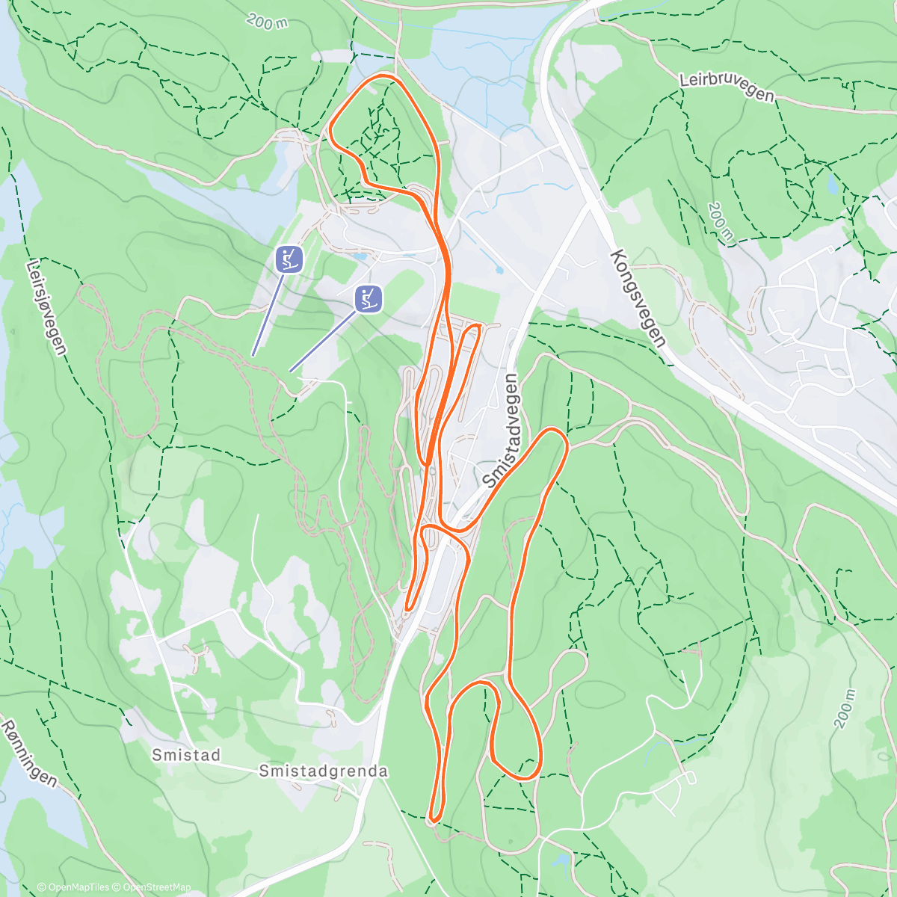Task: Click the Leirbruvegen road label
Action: (726, 88)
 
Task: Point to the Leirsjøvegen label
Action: (46, 306)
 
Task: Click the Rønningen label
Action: (29, 753)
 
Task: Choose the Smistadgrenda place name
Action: (323, 771)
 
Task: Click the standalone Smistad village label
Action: (186, 755)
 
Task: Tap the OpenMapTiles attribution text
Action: (73, 887)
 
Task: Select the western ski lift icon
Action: (289, 259)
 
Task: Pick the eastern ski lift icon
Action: (369, 298)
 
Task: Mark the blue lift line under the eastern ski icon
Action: (321, 342)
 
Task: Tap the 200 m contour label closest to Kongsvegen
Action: (719, 222)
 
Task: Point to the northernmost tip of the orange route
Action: (386, 75)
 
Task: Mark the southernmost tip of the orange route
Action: (434, 822)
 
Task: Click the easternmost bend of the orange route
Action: (567, 443)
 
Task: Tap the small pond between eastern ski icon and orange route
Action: (361, 256)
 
